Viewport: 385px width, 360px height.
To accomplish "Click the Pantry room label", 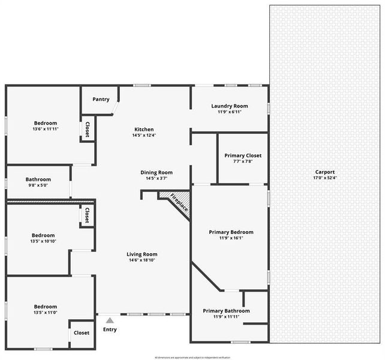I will pos(101,99).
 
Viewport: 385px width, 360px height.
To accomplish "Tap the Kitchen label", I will pos(144,130).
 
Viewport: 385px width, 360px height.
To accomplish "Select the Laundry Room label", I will pos(229,106).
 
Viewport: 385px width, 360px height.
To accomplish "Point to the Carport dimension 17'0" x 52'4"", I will pos(325,178).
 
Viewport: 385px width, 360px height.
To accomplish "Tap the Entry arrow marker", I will pos(110,320).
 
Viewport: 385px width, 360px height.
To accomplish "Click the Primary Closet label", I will pos(243,155).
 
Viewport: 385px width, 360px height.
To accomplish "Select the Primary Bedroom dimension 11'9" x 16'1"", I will pos(231,239).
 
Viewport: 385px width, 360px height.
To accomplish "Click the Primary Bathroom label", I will pos(226,311).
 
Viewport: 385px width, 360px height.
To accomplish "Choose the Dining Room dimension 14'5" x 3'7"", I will pos(157,178).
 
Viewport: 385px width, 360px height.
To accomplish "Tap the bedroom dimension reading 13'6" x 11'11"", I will pos(46,129).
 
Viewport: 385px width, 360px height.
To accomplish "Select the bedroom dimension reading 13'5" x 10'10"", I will pos(43,241).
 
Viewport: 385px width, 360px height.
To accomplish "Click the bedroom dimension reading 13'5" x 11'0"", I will pos(46,313).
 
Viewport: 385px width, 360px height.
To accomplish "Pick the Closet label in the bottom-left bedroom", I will pos(82,332).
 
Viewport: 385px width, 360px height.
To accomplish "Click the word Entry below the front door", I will pos(110,329).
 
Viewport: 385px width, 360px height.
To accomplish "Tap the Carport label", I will pos(325,172).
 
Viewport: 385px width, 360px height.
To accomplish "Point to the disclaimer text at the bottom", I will pos(192,357).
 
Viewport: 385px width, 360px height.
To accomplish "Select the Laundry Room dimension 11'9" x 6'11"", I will pos(229,112).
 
